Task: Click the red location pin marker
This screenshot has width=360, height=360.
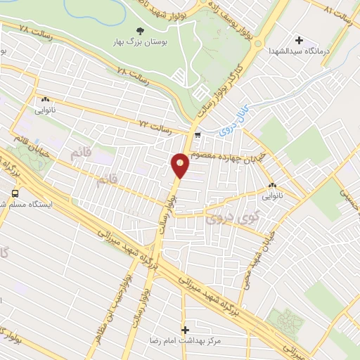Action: pyautogui.click(x=180, y=165)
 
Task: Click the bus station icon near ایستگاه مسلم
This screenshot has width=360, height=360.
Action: pyautogui.click(x=15, y=192)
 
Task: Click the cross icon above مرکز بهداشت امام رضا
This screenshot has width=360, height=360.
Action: pyautogui.click(x=186, y=328)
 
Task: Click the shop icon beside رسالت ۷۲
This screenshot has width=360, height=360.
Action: pyautogui.click(x=198, y=134)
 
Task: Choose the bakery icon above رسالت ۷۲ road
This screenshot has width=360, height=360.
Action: pyautogui.click(x=45, y=100)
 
